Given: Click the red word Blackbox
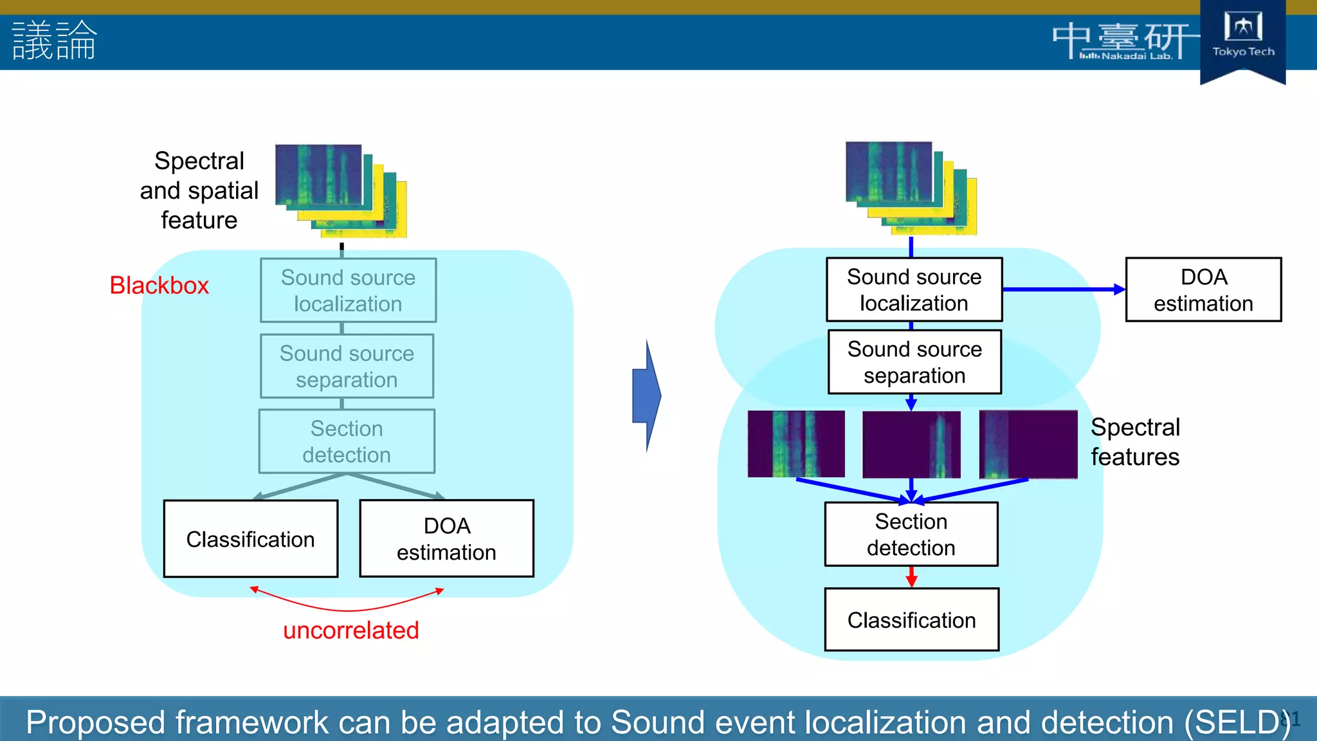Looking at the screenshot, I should click(x=159, y=285).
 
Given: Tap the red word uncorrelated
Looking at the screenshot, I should click(x=350, y=630).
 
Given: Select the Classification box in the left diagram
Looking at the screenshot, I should click(x=251, y=539).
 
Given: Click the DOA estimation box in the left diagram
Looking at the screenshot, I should click(x=446, y=539).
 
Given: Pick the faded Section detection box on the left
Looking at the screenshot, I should click(x=347, y=441).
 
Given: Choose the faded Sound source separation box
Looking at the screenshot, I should click(x=347, y=366).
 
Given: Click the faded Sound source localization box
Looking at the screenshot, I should click(x=348, y=290).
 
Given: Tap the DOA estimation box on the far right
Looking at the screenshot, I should click(x=1203, y=289).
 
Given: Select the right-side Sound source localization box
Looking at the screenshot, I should click(x=914, y=289).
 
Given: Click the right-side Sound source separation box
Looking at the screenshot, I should click(x=914, y=361).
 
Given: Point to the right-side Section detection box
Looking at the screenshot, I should click(x=911, y=534).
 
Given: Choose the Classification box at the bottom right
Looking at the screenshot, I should click(x=911, y=619).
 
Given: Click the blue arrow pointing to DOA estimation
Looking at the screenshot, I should click(x=1064, y=289).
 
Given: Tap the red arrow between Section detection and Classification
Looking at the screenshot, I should click(x=911, y=576).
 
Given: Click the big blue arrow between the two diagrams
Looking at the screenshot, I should click(x=647, y=396).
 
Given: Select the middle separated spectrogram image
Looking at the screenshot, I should click(x=911, y=444).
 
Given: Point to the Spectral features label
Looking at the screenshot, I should click(x=1135, y=442).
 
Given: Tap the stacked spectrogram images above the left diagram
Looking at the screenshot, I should click(x=341, y=190).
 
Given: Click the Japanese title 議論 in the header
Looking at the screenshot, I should click(x=55, y=40).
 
